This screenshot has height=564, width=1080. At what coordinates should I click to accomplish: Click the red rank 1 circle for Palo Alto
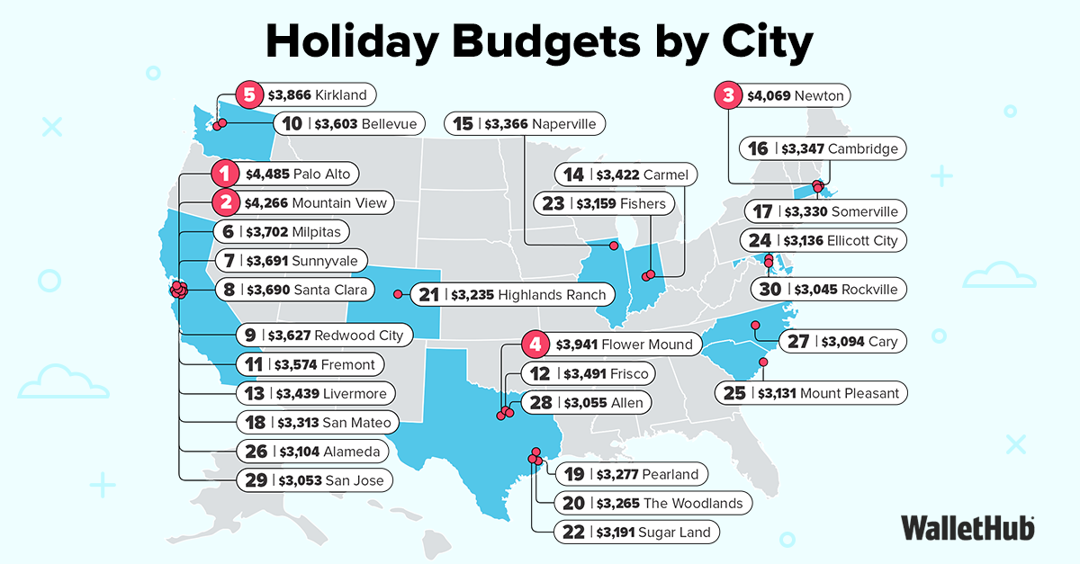[225, 174]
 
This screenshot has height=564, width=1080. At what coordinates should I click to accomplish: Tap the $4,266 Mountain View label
[301, 202]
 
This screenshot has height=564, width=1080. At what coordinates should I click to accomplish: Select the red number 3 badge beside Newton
[728, 94]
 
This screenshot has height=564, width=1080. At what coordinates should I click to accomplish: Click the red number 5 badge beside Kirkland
[247, 94]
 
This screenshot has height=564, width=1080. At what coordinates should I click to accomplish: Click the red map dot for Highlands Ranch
[398, 293]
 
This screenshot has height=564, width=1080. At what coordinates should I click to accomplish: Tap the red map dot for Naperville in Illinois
[615, 246]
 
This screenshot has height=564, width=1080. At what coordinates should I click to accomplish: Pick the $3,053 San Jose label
[317, 480]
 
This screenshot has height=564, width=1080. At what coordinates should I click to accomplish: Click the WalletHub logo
[967, 527]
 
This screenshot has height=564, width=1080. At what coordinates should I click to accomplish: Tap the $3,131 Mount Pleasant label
[813, 393]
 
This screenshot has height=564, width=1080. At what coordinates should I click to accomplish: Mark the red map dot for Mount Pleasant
[763, 363]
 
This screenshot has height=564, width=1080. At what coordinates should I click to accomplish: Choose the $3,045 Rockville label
[830, 290]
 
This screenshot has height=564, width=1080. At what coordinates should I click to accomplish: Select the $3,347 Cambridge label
[822, 148]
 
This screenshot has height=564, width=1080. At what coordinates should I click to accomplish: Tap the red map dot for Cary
[756, 325]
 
